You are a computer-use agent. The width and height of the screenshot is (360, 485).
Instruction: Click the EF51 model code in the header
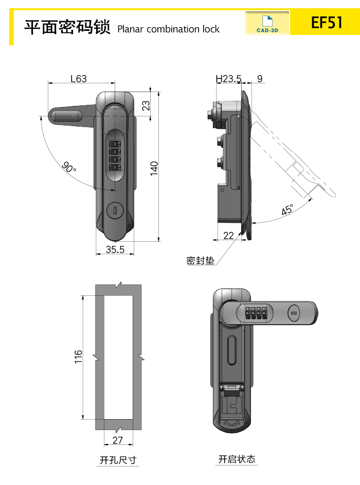tap(327, 23)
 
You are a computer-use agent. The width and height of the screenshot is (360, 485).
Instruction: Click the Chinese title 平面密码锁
tap(67, 27)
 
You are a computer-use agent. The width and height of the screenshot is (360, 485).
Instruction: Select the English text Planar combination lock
tap(169, 29)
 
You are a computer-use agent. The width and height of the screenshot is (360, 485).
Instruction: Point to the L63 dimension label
tap(78, 79)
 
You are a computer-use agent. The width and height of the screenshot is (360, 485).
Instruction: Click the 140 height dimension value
tap(154, 169)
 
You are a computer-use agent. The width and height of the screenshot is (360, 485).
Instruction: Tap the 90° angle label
tap(69, 168)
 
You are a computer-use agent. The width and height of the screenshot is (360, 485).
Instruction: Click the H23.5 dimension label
tap(228, 79)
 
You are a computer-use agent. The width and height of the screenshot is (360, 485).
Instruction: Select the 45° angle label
tap(287, 210)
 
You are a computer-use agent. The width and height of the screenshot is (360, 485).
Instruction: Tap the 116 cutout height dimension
tap(78, 357)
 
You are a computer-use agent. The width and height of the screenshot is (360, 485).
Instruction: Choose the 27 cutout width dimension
tap(118, 440)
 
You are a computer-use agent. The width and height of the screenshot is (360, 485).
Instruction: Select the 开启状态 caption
tap(237, 459)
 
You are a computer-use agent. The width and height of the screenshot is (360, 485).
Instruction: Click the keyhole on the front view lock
tap(115, 210)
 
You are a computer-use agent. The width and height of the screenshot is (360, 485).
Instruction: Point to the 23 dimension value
tap(146, 105)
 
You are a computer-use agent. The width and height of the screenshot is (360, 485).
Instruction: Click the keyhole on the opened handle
tap(294, 313)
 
